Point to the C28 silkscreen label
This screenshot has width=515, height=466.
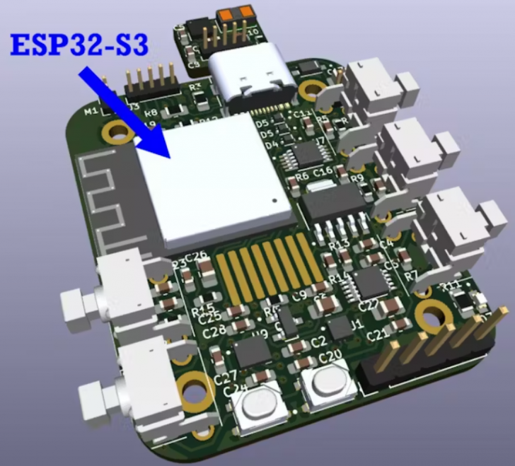[214, 330]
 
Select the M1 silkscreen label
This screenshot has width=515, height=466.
[91, 112]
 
